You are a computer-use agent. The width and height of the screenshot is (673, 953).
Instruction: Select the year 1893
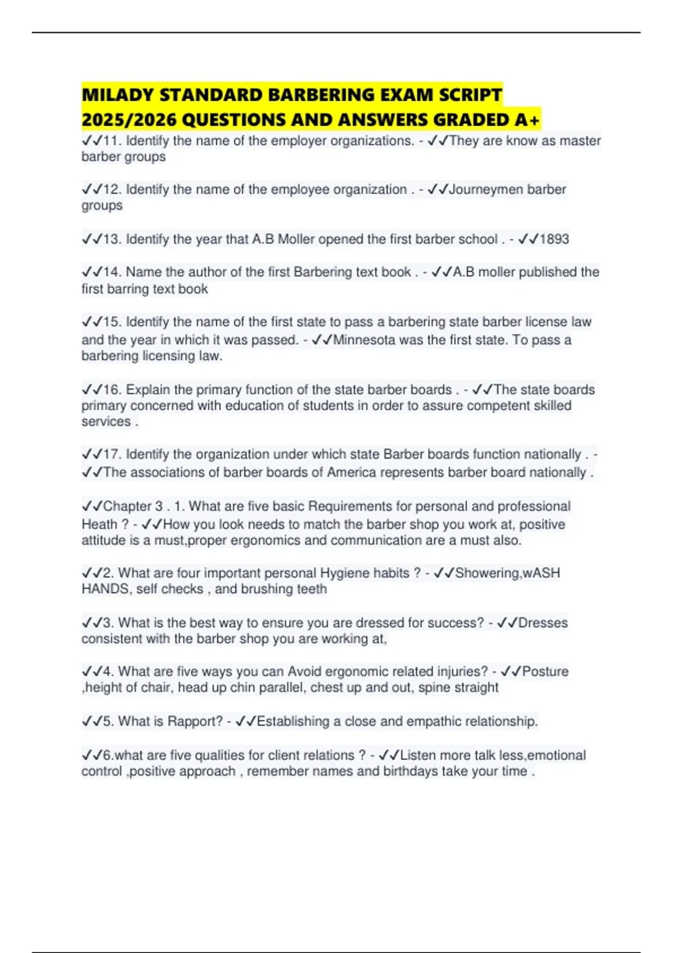pos(554,239)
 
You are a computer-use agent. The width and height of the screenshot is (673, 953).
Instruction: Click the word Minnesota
pos(365,340)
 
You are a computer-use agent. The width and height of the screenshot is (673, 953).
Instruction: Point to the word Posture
pos(545,672)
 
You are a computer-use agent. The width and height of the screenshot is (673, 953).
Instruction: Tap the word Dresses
pos(543,623)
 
